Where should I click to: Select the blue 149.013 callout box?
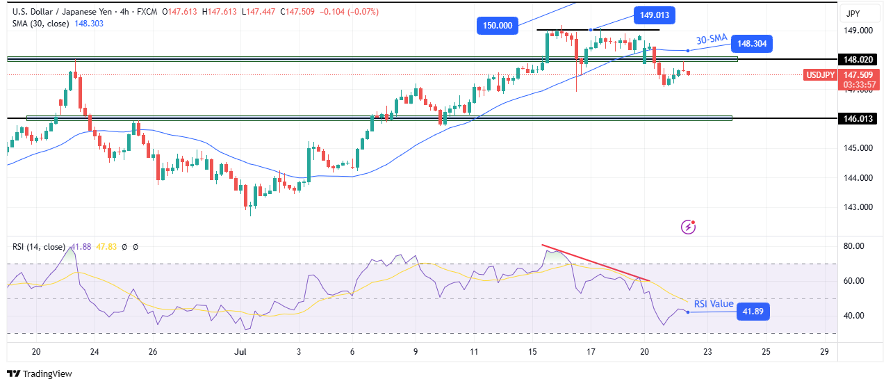pos(654,15)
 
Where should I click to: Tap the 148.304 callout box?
pos(751,43)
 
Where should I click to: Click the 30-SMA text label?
pos(712,40)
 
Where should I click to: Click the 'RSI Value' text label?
pos(712,303)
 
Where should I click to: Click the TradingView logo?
pos(40,373)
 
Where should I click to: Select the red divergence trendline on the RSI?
pos(596,263)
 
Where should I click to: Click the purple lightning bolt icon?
pos(688,227)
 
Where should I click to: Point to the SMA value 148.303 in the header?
pos(90,23)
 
